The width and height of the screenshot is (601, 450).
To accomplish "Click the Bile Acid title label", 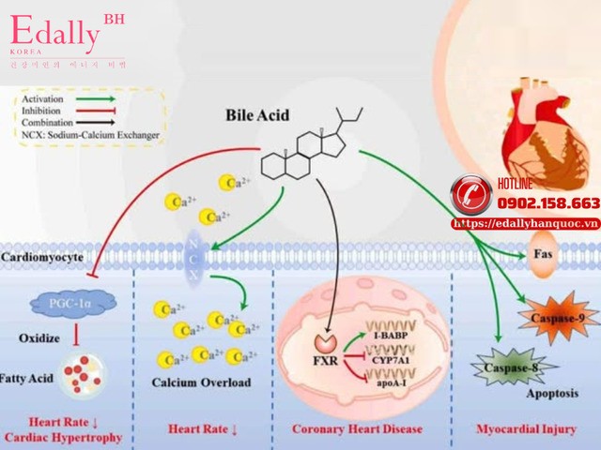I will (x=257, y=115).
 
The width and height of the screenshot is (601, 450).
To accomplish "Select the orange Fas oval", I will (x=543, y=254).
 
